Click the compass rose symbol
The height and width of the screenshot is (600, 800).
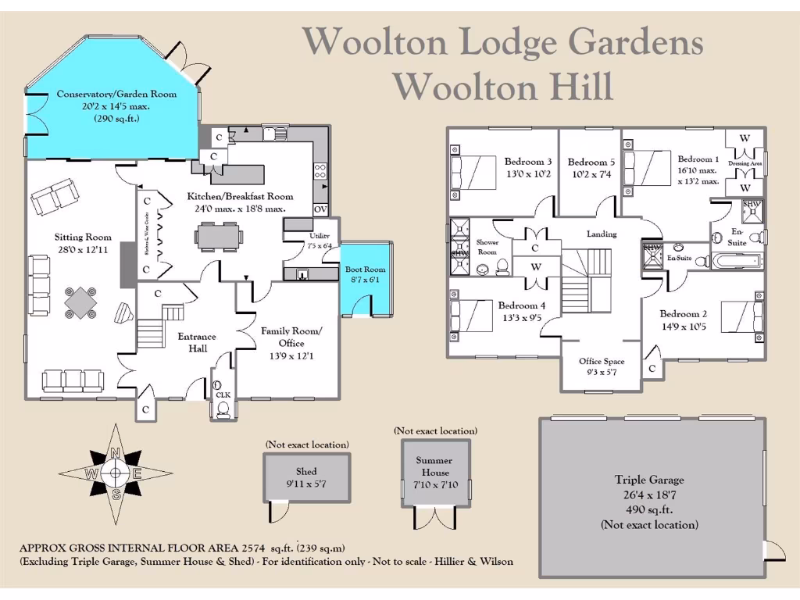click(x=116, y=473)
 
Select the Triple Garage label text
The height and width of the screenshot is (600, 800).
click(x=648, y=480)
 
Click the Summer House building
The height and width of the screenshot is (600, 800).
click(x=434, y=472)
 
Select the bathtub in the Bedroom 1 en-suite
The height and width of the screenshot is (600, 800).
click(x=734, y=260)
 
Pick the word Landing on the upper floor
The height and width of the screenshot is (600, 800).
click(x=602, y=234)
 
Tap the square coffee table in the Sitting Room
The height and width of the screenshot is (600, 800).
click(x=81, y=300)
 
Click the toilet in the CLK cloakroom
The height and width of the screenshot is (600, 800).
click(x=223, y=409)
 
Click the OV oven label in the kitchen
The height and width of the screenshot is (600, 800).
click(x=320, y=209)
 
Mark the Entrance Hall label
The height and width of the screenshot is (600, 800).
click(x=197, y=342)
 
